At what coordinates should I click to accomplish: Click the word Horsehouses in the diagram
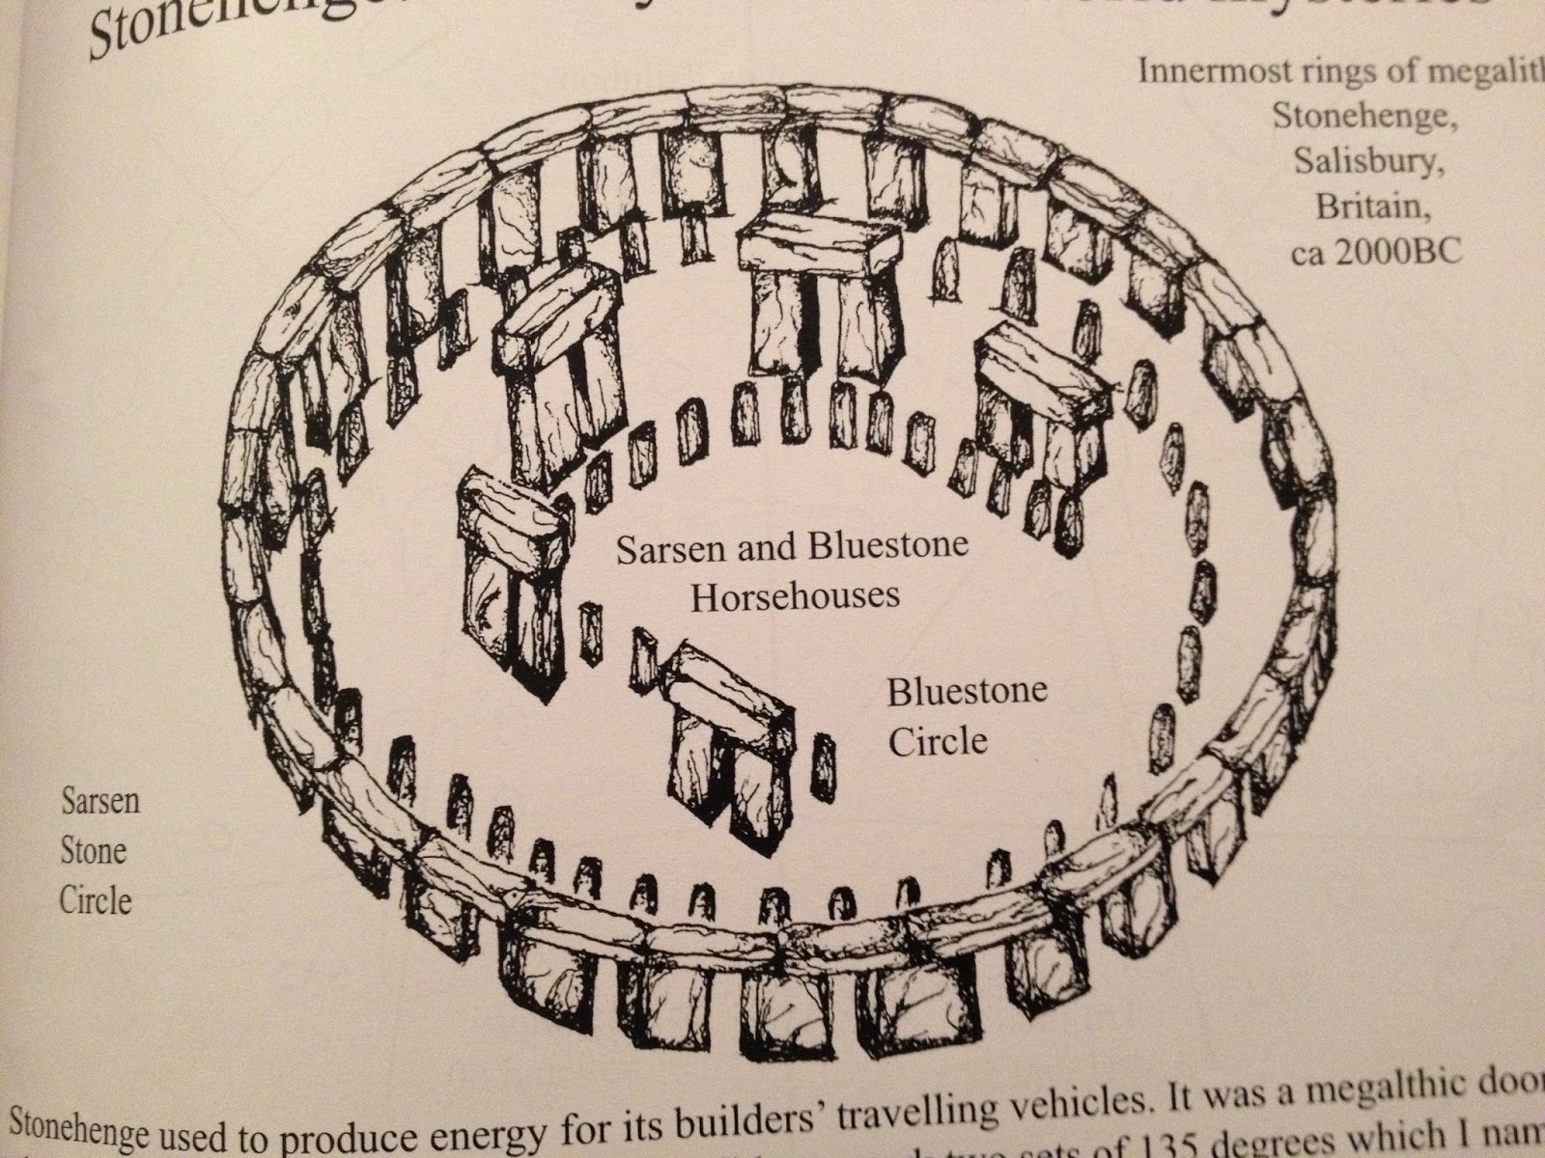click(x=795, y=595)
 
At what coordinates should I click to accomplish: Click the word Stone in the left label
click(x=94, y=851)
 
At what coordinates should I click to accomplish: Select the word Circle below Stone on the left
click(x=95, y=899)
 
